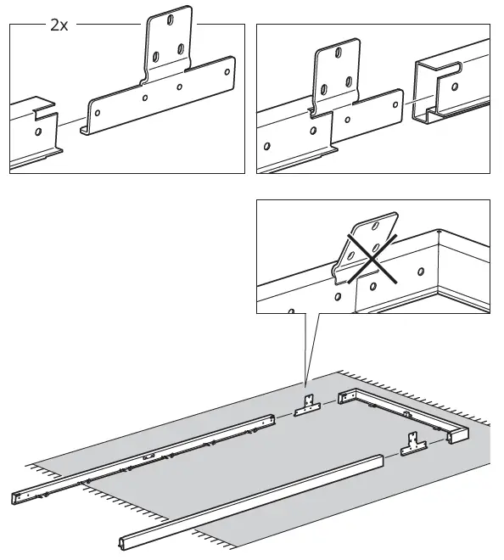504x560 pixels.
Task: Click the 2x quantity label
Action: point(59,25)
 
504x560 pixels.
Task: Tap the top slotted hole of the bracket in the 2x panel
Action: point(171,20)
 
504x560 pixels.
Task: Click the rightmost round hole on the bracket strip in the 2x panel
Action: point(227,72)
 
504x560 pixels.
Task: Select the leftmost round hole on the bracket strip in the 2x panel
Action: point(98,113)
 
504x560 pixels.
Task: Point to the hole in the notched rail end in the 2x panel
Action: point(38,132)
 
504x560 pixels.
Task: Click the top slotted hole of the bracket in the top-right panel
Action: point(338,53)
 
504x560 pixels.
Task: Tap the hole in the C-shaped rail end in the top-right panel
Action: point(455,87)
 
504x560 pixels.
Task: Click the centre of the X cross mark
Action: point(372,259)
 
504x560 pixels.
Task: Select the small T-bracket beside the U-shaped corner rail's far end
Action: point(307,406)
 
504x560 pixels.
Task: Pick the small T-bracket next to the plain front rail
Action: point(413,445)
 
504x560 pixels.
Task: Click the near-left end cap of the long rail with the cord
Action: point(17,498)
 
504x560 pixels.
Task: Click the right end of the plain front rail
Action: point(382,461)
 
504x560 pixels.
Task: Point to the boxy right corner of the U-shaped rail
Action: point(458,435)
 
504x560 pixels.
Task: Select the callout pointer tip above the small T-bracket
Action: point(305,387)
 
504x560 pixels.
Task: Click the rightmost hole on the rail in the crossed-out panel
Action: point(421,272)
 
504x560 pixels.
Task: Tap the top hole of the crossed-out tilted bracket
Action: point(375,226)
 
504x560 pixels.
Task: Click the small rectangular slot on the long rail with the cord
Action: point(148,456)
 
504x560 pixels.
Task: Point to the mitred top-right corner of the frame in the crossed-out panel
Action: point(440,232)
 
